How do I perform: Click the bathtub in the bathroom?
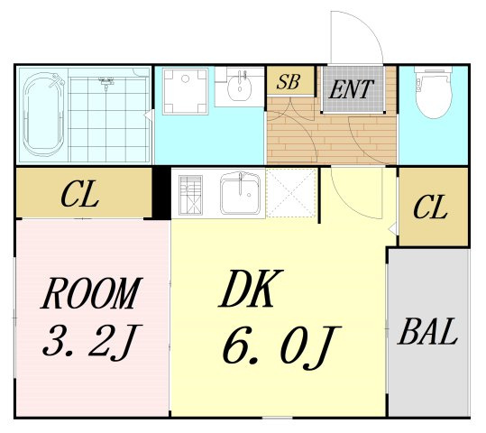click(43, 115)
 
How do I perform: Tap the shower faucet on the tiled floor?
click(106, 82)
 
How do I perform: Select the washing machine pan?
click(186, 92)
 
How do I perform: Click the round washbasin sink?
click(240, 86)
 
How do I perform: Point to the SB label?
click(289, 82)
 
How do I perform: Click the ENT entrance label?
click(351, 89)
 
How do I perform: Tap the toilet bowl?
click(434, 93)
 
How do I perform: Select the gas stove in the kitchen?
click(190, 195)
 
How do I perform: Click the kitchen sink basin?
click(240, 194)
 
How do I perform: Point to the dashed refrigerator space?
click(291, 193)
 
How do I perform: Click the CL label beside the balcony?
click(430, 207)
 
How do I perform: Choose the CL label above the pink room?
click(80, 195)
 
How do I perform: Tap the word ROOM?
click(91, 293)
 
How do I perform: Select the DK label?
click(251, 289)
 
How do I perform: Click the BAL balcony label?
click(427, 331)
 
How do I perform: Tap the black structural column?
click(161, 193)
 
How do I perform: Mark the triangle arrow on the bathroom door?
click(148, 115)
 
